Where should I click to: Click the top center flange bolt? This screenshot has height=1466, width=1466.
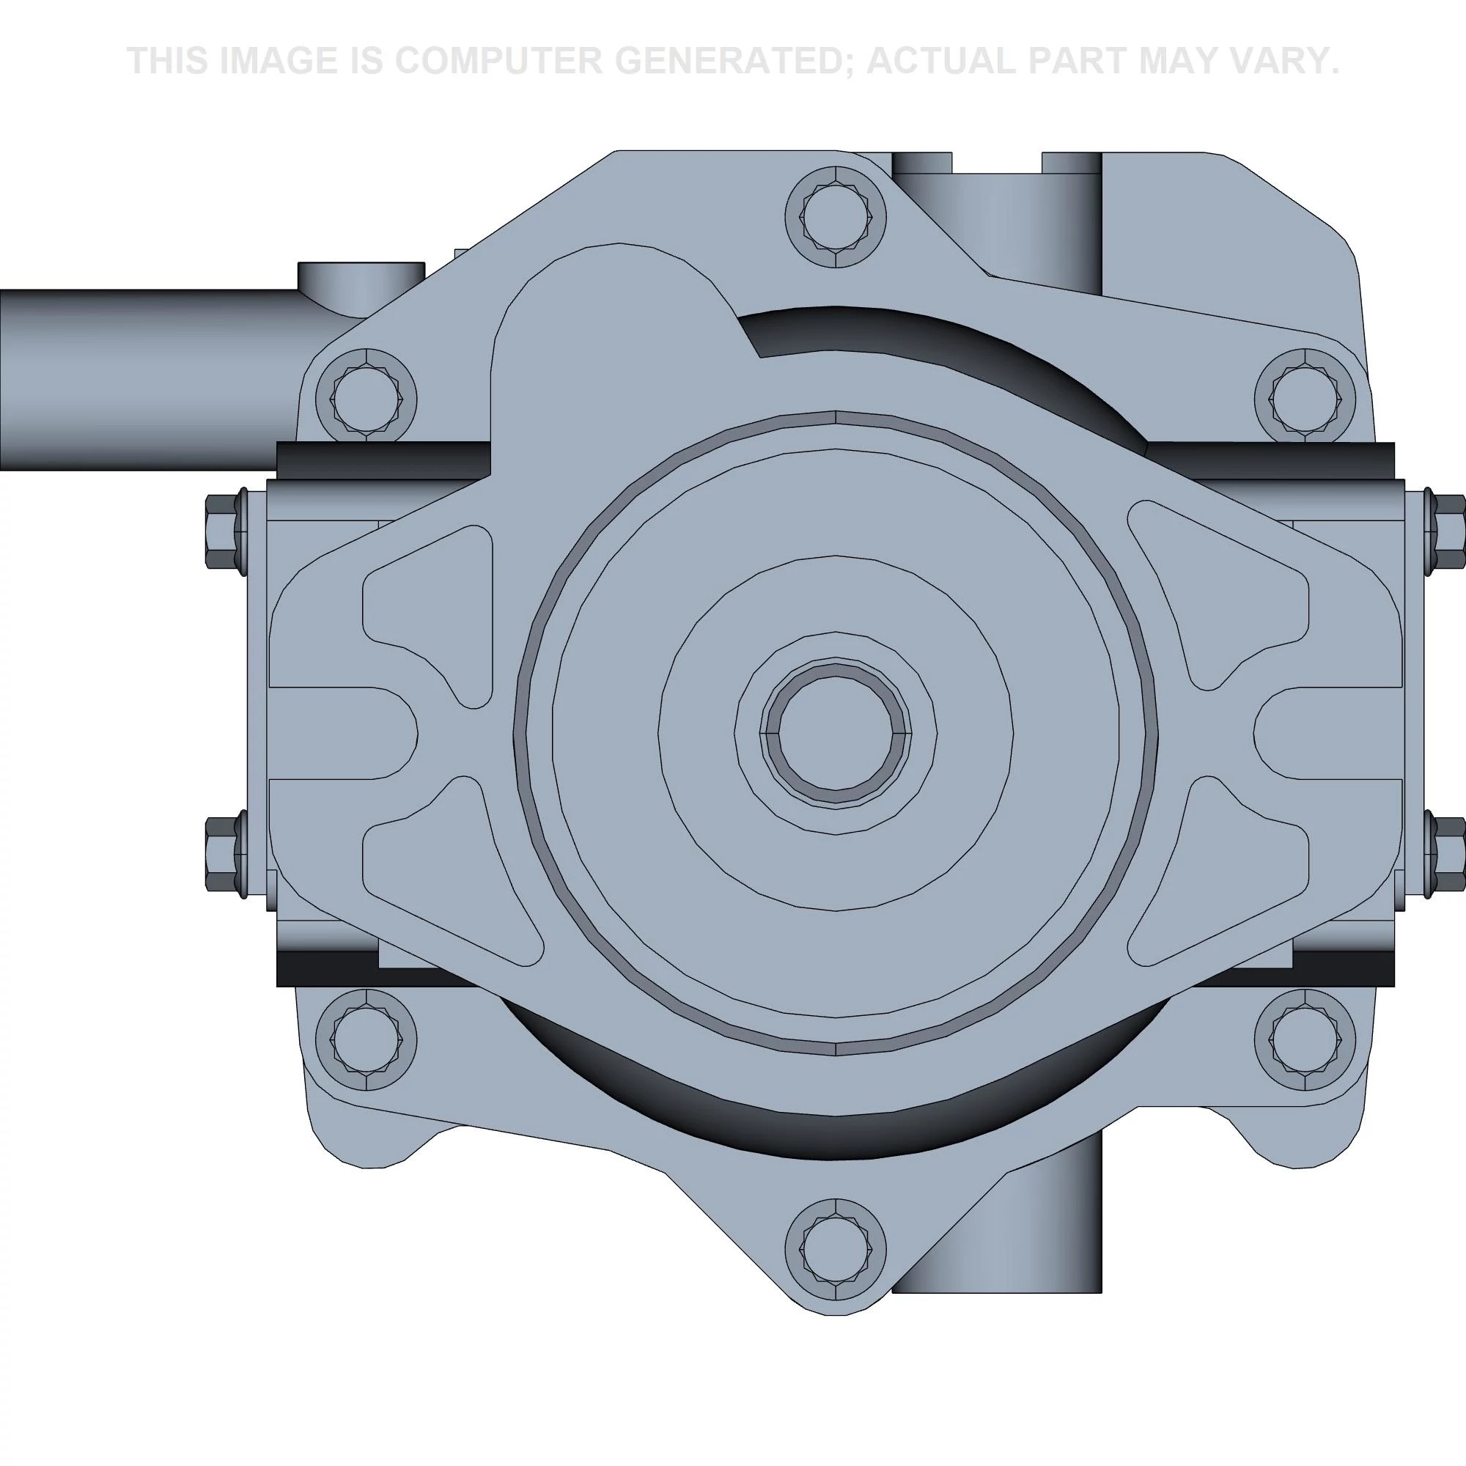pyautogui.click(x=836, y=216)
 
